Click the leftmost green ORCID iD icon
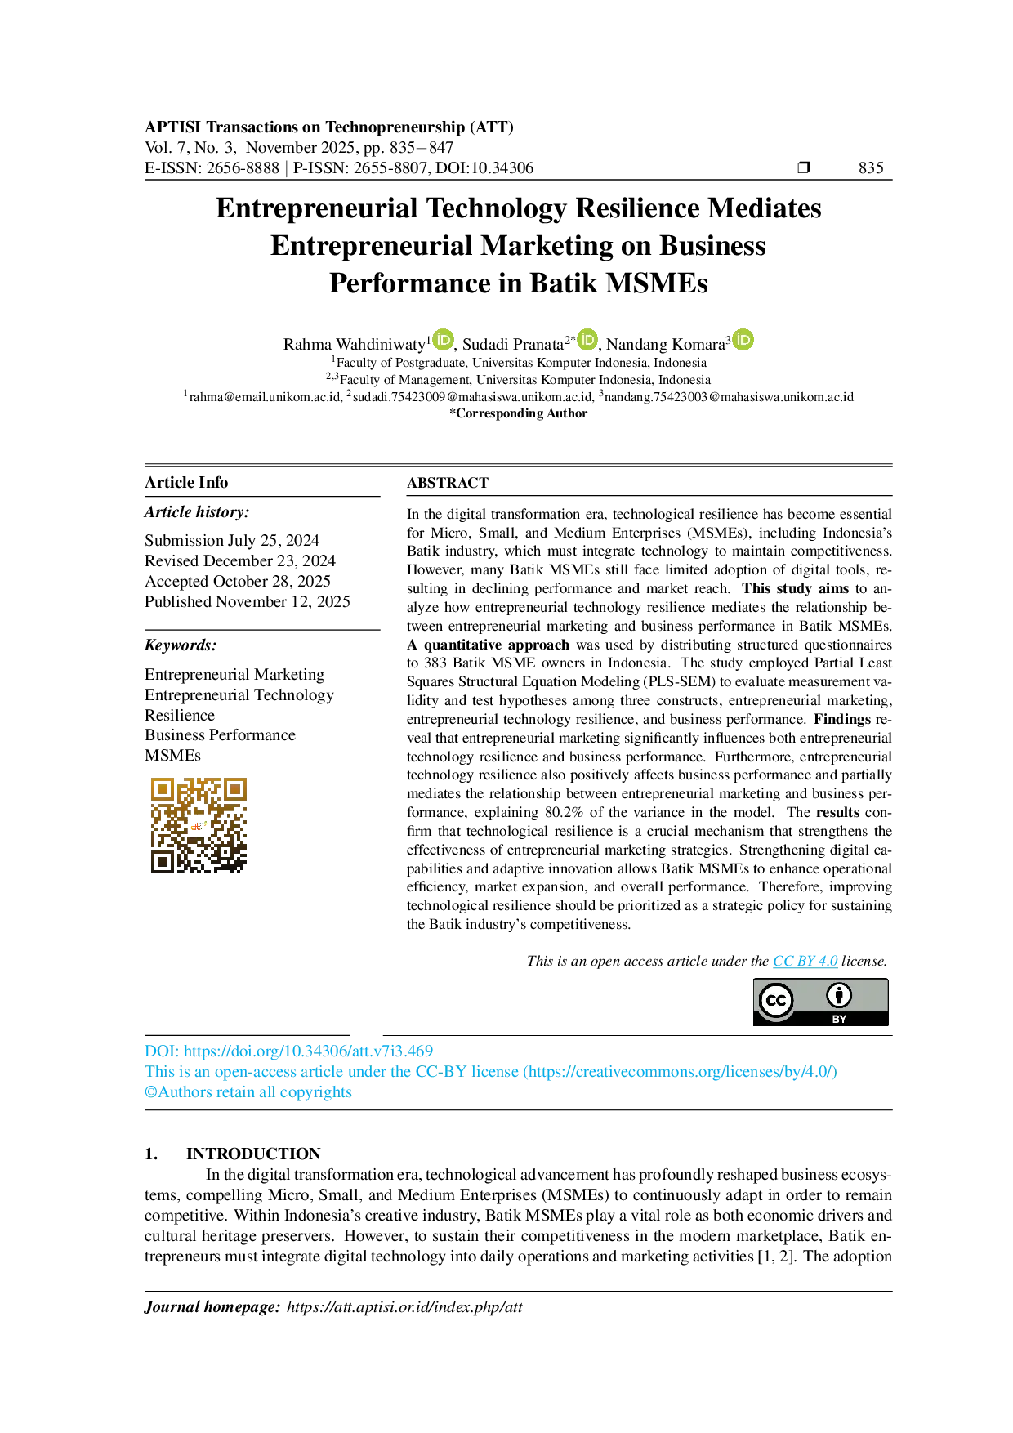[x=443, y=340]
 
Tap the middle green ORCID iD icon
[x=587, y=340]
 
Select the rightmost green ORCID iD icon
[x=743, y=340]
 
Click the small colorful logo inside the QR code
[x=199, y=825]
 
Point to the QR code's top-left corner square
[x=163, y=789]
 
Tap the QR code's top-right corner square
[x=235, y=789]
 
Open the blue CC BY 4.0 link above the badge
[x=805, y=962]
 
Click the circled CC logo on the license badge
[x=775, y=1001]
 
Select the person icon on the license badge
[x=839, y=995]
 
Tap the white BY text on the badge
[x=839, y=1019]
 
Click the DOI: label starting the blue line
[x=161, y=1051]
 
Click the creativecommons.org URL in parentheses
[x=681, y=1072]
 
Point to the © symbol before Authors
[x=149, y=1091]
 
